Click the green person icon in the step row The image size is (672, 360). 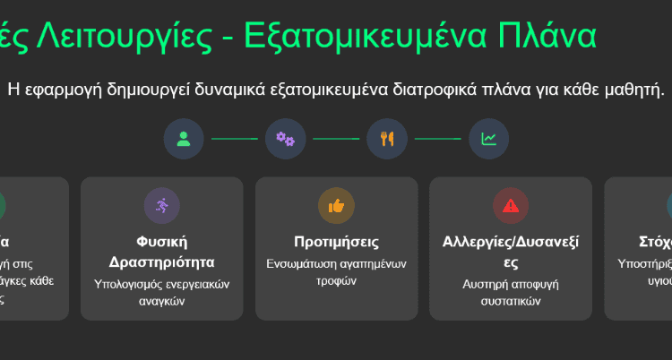(184, 139)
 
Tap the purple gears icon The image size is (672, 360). (285, 139)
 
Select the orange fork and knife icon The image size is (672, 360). (387, 139)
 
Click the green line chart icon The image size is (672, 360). (489, 139)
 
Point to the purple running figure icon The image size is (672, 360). (161, 206)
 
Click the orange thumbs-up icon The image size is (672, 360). (336, 206)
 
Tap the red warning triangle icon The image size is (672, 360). (511, 206)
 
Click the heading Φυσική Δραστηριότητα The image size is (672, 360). (161, 252)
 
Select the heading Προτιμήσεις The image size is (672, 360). (336, 242)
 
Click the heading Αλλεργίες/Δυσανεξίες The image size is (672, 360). (511, 252)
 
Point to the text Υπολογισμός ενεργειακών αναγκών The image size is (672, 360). (161, 293)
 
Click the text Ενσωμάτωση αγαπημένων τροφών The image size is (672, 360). (336, 272)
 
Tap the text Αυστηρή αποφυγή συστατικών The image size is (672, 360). (511, 293)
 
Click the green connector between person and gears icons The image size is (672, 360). (235, 139)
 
